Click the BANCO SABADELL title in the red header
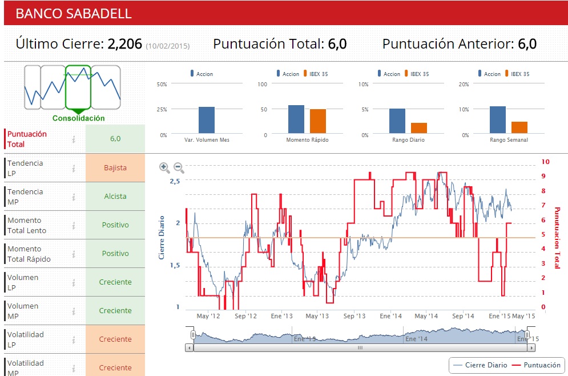73,14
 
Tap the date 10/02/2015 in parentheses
168,46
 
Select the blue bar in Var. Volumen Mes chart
207,120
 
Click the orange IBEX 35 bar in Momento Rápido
318,121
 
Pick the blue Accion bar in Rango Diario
397,121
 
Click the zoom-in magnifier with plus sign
164,168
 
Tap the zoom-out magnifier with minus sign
179,168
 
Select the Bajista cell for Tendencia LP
115,168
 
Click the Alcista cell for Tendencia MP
115,197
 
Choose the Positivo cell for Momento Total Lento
115,225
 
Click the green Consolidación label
79,118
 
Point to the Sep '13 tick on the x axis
354,316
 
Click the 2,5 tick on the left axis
174,181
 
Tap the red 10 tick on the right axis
545,162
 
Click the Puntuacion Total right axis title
557,237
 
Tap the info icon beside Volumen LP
74,282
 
